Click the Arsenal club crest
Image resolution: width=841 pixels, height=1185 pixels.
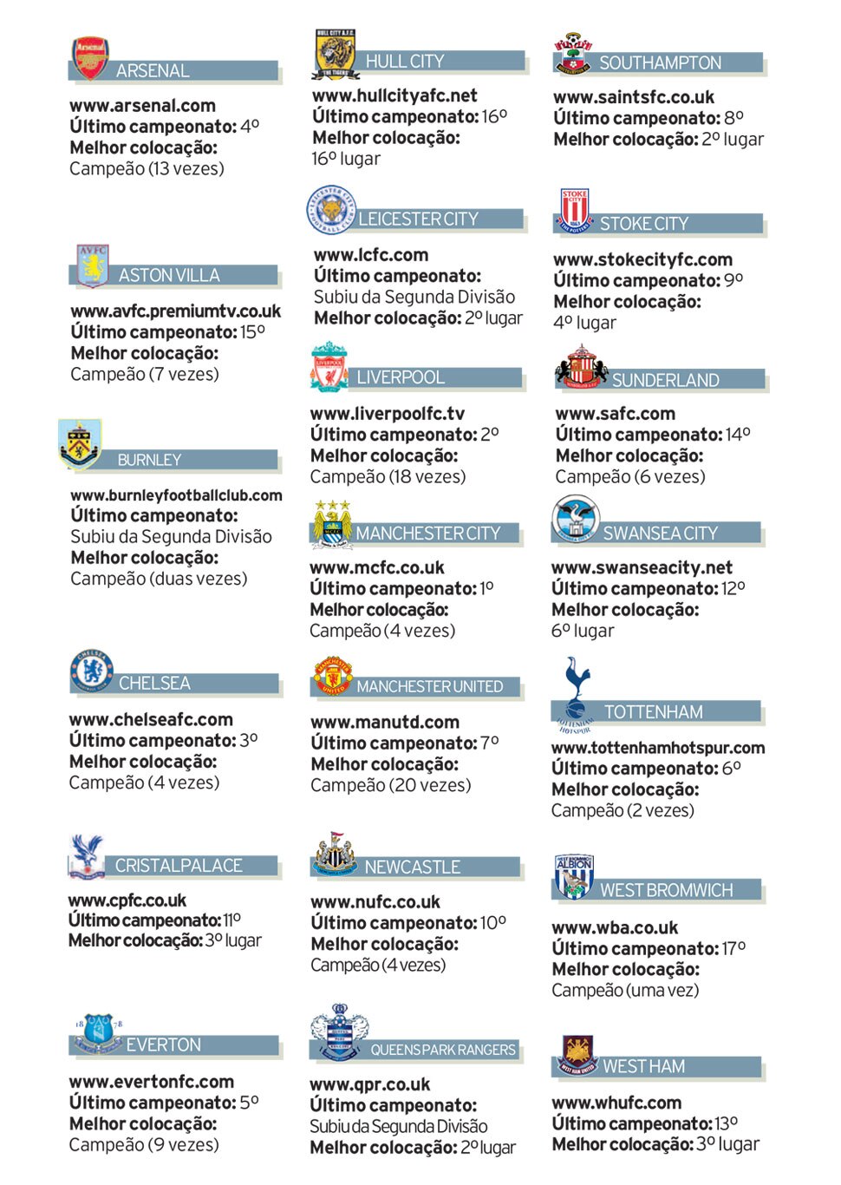90,58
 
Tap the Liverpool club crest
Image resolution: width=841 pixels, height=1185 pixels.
329,368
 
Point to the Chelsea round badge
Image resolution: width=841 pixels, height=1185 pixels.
92,670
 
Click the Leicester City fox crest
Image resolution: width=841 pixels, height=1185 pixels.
331,210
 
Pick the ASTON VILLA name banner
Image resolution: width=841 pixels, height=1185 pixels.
169,276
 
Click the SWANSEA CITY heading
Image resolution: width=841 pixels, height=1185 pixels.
660,534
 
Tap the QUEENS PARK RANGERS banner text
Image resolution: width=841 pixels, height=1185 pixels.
442,1050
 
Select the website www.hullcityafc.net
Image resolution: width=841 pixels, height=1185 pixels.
394,96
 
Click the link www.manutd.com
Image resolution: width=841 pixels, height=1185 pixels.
385,722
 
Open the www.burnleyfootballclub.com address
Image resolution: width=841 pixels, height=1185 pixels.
176,495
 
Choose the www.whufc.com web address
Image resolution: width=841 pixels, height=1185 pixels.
616,1103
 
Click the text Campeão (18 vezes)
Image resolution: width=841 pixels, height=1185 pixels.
388,476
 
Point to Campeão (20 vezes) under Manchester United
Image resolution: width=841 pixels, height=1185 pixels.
391,785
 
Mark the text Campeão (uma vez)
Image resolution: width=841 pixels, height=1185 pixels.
625,990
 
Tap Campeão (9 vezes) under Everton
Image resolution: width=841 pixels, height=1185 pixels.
144,1144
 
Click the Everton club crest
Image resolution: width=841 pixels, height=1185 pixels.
97,1031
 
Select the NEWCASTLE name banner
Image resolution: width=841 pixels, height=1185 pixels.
412,867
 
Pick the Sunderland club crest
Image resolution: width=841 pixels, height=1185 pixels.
581,367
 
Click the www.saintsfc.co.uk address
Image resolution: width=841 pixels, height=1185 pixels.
634,97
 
